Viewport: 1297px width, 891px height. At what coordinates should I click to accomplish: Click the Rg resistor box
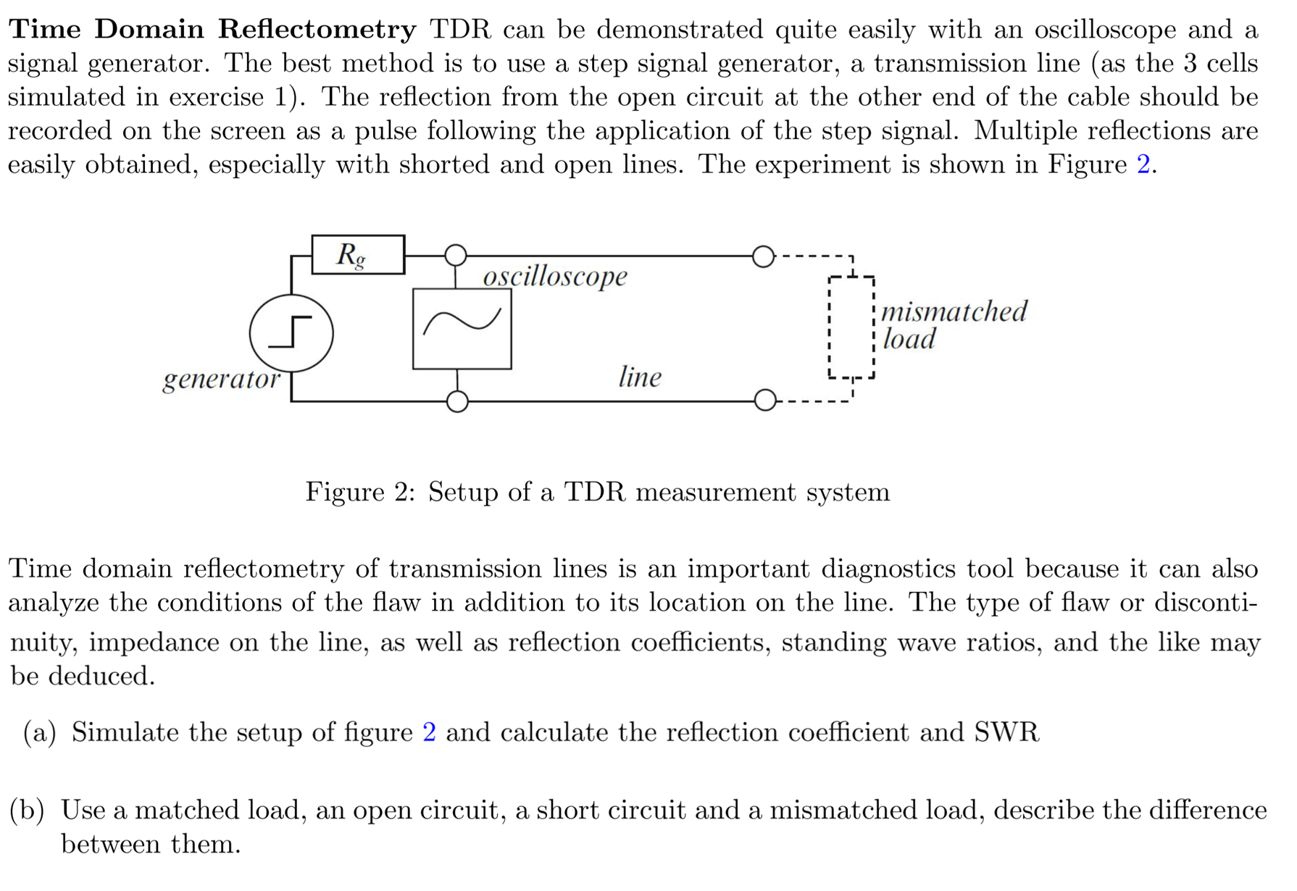point(358,254)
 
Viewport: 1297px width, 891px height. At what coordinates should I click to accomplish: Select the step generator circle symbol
point(291,333)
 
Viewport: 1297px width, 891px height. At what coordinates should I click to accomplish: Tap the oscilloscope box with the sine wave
point(462,328)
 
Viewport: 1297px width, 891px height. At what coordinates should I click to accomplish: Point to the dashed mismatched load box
point(851,327)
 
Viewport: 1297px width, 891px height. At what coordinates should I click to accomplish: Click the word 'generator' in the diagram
point(221,379)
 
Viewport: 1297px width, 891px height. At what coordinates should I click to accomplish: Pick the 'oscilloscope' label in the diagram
point(555,277)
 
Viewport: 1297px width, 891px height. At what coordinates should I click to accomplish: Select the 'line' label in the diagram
point(640,377)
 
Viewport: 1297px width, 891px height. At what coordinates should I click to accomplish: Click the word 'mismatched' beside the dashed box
point(954,311)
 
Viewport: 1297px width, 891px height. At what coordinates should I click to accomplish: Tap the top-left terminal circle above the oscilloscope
point(456,255)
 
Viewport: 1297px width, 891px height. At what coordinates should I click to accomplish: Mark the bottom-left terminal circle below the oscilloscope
point(457,401)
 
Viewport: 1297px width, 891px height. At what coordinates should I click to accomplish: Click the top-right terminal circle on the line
point(763,256)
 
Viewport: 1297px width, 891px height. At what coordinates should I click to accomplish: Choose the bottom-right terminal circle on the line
point(765,400)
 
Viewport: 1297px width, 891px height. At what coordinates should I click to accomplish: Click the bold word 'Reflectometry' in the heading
point(317,29)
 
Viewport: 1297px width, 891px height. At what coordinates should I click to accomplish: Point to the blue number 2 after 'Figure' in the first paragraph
point(1143,164)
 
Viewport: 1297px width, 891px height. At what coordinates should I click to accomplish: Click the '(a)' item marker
point(40,732)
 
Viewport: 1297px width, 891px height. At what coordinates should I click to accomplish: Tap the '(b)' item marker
point(28,810)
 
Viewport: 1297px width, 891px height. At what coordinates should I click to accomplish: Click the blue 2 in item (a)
point(429,732)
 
